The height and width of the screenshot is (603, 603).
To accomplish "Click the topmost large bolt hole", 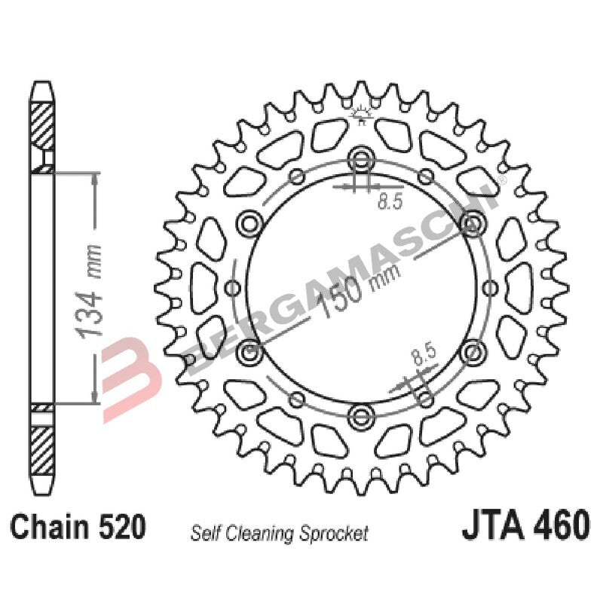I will point(362,159).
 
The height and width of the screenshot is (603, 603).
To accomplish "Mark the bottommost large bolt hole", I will point(362,414).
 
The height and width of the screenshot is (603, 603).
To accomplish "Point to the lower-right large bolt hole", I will point(473,350).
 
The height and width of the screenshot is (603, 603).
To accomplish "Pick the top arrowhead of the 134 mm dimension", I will point(94,180).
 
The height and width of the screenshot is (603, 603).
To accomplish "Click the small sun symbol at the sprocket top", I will point(362,113).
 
